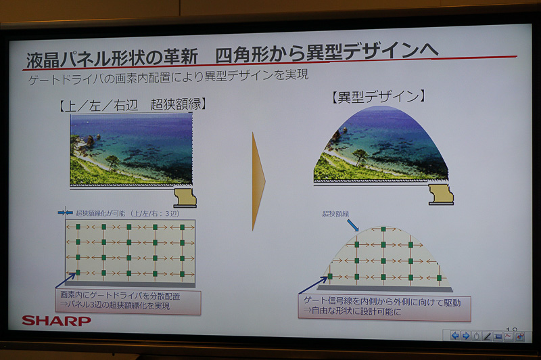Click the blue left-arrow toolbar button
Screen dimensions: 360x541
click(x=456, y=335)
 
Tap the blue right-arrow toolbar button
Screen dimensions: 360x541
click(x=466, y=335)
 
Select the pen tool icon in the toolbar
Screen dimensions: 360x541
click(x=488, y=336)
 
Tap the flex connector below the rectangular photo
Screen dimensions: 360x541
click(x=185, y=198)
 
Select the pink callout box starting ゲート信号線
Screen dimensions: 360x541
click(x=384, y=307)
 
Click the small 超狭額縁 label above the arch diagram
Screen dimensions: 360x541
click(x=336, y=214)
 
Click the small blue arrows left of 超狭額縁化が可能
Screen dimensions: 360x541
click(x=65, y=212)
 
